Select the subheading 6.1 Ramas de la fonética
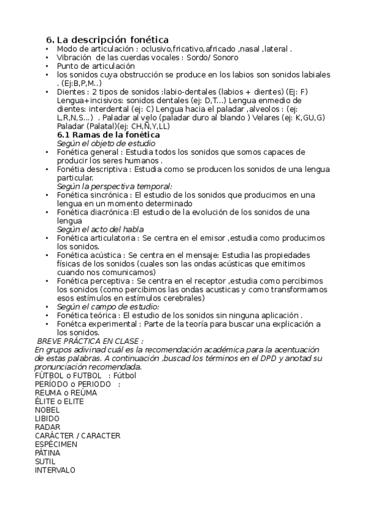pos(108,134)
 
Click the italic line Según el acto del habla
pos(101,229)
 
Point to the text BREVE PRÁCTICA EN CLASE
pos(91,341)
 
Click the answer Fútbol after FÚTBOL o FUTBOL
pos(124,376)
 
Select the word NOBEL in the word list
pos(48,410)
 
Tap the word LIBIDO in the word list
pos(47,419)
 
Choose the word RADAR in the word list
pos(48,427)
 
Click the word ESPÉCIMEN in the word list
pos(56,444)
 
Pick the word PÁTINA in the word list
pos(48,453)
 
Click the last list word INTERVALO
pos(55,470)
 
